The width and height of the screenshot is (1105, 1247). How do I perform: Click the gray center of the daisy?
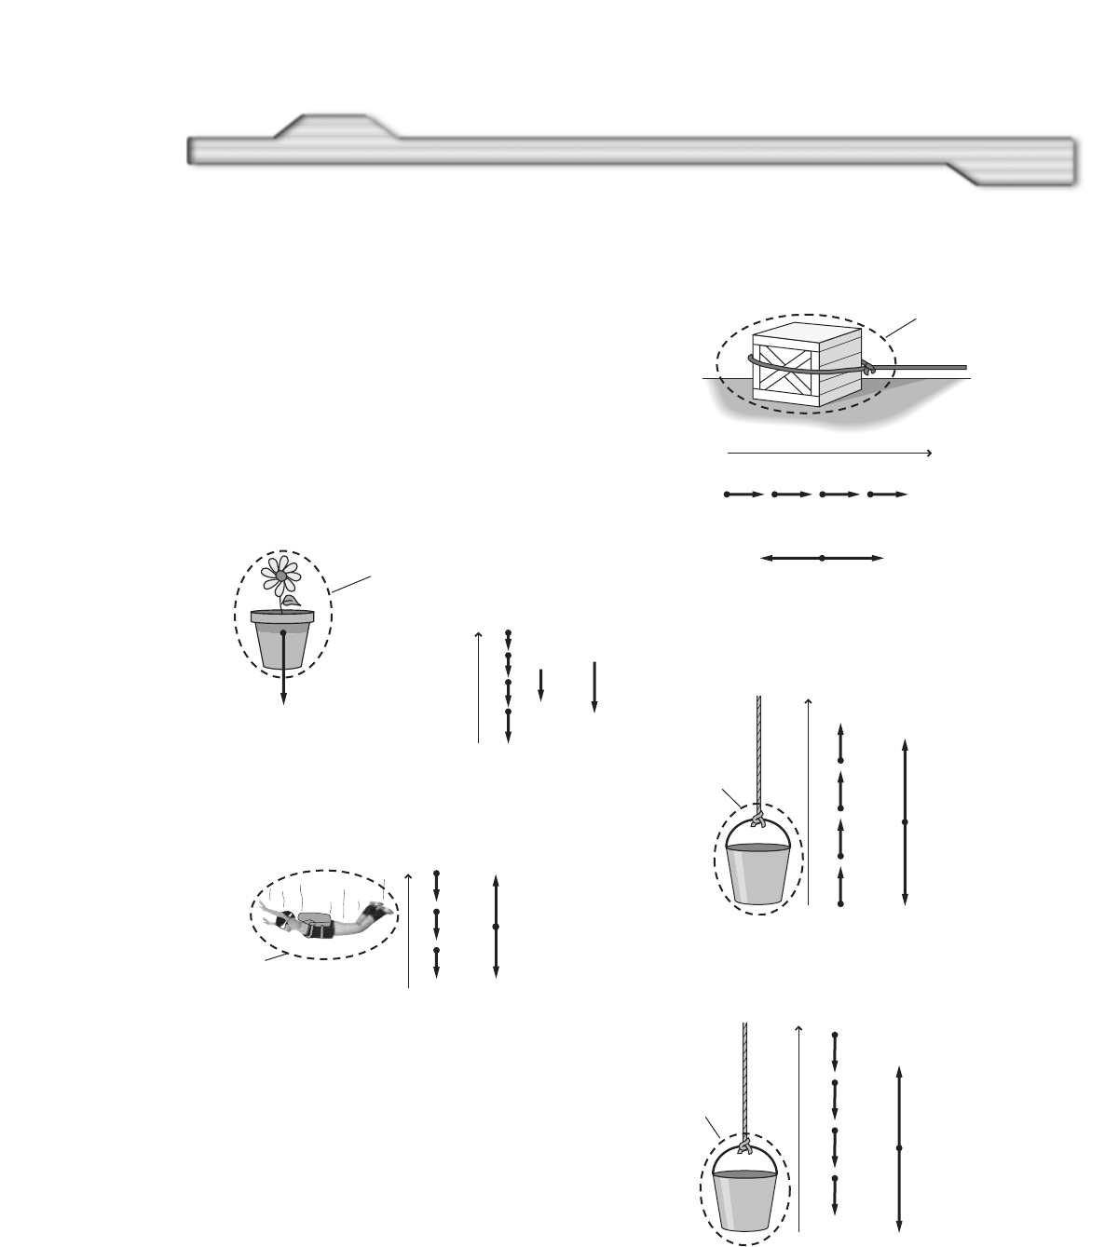tap(280, 576)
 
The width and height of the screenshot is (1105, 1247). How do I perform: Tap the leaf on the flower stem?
tap(293, 603)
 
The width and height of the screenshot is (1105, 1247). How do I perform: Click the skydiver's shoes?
tap(376, 906)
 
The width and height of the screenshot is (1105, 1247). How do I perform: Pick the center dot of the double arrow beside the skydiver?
tap(496, 927)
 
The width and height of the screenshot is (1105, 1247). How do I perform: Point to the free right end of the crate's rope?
tap(965, 368)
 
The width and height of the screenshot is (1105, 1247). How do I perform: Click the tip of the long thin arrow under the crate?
tap(931, 453)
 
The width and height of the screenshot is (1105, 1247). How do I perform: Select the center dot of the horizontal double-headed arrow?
tap(822, 558)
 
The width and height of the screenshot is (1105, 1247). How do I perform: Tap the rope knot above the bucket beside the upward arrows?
tap(757, 819)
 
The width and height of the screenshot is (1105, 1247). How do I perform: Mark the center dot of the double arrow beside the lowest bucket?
tap(898, 1148)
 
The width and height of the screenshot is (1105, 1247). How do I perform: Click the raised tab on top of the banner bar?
tap(335, 126)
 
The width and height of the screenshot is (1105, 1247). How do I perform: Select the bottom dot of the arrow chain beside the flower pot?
tap(508, 712)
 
